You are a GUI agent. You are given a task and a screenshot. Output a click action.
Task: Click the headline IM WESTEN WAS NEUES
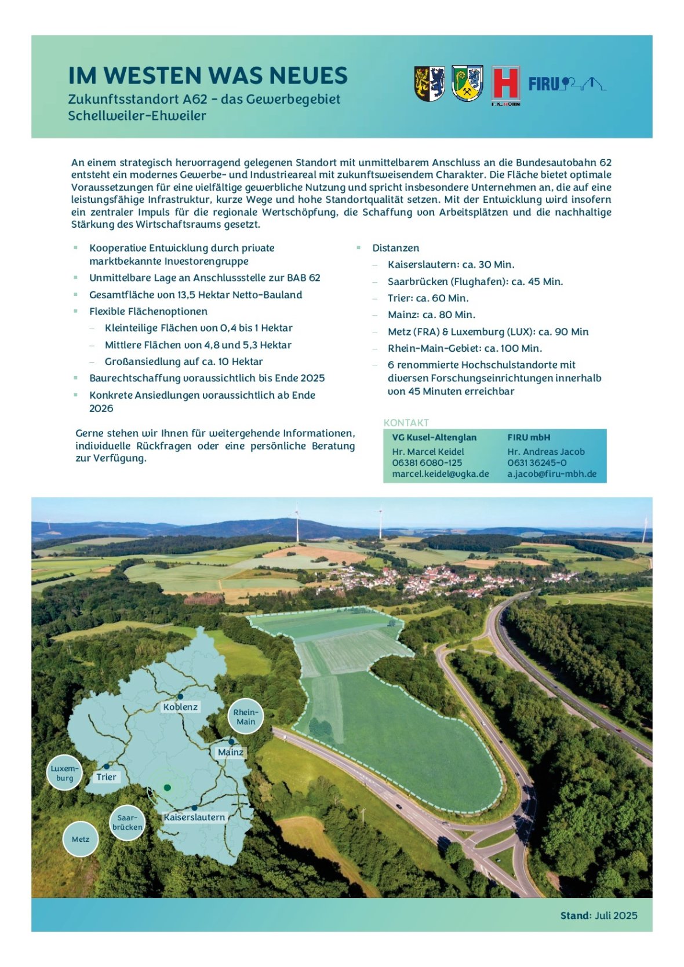pos(208,76)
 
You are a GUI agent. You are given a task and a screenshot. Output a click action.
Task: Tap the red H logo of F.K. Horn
pos(505,85)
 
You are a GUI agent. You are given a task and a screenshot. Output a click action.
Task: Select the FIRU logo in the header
pos(566,85)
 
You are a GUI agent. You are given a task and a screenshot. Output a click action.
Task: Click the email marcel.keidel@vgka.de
pos(440,474)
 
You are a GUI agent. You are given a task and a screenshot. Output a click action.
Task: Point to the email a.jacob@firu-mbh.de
pos(551,474)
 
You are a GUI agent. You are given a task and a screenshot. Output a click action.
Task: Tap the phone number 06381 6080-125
pos(427,462)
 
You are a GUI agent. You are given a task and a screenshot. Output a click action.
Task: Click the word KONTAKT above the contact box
pos(406,422)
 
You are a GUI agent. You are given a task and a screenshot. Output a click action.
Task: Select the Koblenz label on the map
pos(180,707)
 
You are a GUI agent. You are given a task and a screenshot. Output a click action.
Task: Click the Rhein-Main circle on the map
pos(246,717)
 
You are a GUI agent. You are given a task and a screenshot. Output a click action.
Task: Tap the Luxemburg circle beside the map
pos(64,773)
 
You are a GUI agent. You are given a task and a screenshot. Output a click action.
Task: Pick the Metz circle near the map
pos(81,839)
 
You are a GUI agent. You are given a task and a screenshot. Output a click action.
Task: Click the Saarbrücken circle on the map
pos(127,823)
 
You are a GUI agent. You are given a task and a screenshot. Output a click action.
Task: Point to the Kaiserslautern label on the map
pos(194,817)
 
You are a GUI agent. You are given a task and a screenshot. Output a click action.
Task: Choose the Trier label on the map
pos(107,777)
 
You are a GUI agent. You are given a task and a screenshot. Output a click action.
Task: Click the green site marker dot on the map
pos(167,787)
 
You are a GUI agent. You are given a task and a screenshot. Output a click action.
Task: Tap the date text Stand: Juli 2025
pos(598,915)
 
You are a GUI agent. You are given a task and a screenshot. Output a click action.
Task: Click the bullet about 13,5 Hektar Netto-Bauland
pos(195,295)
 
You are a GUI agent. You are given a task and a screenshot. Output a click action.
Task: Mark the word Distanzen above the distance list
pos(395,248)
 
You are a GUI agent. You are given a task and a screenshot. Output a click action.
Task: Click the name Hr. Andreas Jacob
pos(545,451)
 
